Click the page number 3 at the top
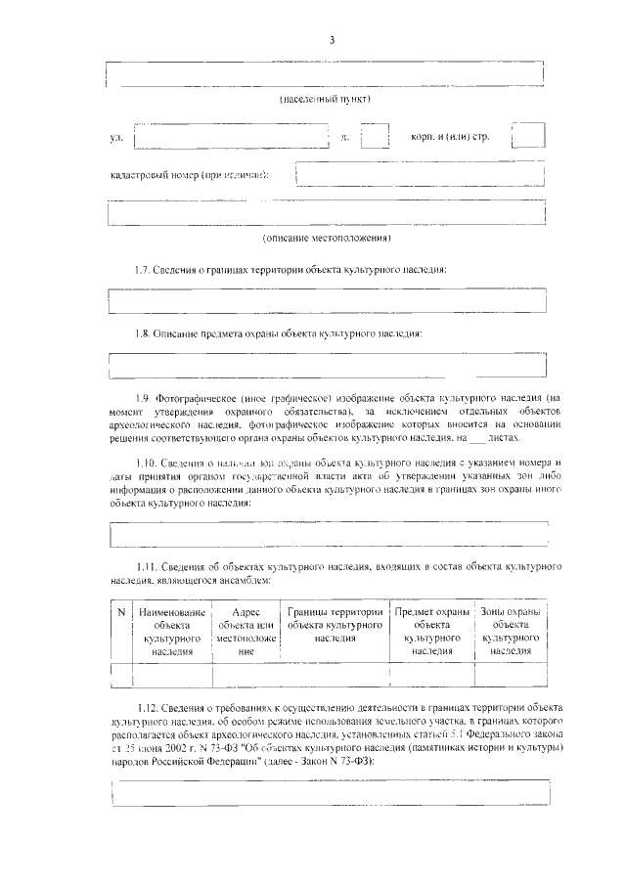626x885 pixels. click(332, 39)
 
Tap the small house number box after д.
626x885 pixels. click(375, 138)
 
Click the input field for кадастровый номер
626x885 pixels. click(420, 174)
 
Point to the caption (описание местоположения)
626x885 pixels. click(327, 239)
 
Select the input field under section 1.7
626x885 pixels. click(327, 300)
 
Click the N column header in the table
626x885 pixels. click(120, 612)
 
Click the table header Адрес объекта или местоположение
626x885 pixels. click(246, 631)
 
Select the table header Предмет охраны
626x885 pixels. click(431, 631)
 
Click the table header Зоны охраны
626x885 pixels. click(511, 631)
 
